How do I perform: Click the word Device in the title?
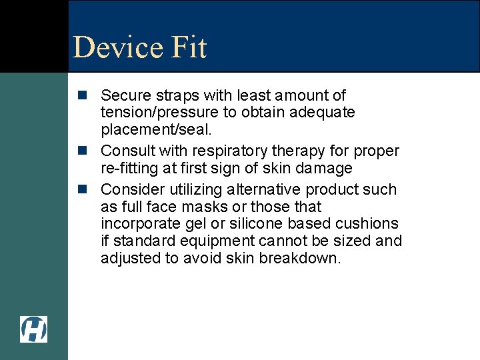(117, 47)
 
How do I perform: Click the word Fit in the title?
(189, 47)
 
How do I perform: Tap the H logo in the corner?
(33, 329)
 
